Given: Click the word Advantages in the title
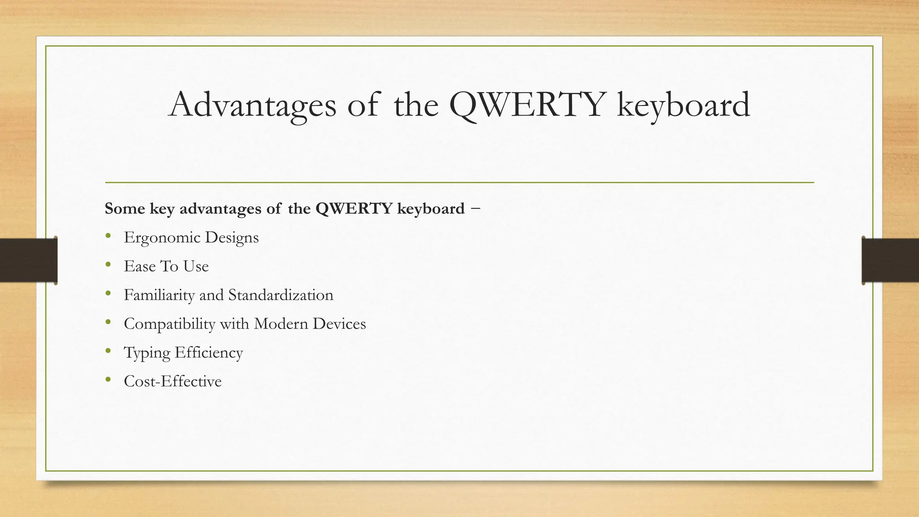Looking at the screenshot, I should (x=252, y=105).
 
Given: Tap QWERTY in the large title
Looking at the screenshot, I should (x=526, y=105).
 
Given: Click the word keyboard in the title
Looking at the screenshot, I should (x=683, y=105).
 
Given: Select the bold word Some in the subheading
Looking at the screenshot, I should (x=124, y=209).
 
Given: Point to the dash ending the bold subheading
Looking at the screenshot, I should (x=476, y=208).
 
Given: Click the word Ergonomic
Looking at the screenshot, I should (x=162, y=238).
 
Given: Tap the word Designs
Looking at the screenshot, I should (x=232, y=238).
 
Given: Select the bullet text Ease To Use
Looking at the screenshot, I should (x=166, y=266).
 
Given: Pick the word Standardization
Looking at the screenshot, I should (x=280, y=295).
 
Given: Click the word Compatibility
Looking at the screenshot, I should (x=169, y=324).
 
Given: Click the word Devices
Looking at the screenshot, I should (x=339, y=324).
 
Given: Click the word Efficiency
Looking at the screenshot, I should (x=209, y=353).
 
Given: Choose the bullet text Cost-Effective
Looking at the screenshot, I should (x=172, y=381).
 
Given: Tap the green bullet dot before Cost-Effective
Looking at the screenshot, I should (x=108, y=380).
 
